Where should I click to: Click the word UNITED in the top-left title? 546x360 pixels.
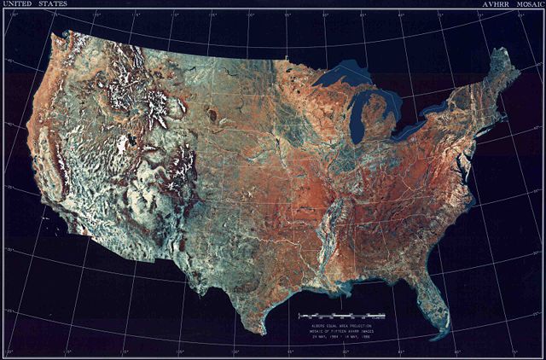(x=18, y=5)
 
